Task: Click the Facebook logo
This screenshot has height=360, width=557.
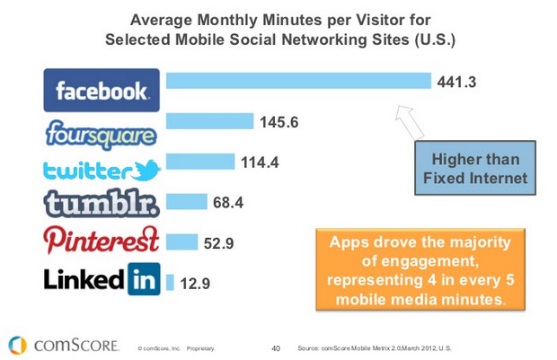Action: (x=102, y=90)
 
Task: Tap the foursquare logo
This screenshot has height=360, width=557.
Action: (x=102, y=132)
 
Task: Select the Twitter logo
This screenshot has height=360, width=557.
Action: (x=102, y=170)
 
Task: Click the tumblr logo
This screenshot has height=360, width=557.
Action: (x=102, y=205)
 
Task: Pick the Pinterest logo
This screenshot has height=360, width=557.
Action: (x=102, y=241)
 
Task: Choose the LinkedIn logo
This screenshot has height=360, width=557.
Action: (x=102, y=279)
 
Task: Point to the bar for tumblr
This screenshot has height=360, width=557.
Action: (x=186, y=201)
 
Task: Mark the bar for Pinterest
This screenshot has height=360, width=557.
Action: (x=181, y=241)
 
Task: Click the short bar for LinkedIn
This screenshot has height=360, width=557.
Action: (x=170, y=282)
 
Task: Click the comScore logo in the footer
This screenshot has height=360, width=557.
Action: (x=62, y=344)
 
